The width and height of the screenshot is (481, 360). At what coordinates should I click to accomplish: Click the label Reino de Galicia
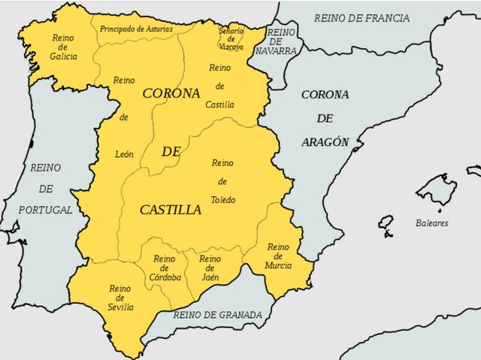click(64, 47)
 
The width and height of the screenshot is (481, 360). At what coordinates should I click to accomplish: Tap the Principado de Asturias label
click(136, 29)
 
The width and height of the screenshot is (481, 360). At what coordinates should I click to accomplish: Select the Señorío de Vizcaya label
click(231, 38)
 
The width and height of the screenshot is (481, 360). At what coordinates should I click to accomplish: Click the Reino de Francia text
click(362, 17)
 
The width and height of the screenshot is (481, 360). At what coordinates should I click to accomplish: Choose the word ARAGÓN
click(325, 142)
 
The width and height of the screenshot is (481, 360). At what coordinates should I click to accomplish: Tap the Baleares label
click(431, 223)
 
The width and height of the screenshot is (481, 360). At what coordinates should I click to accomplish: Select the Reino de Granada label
click(218, 315)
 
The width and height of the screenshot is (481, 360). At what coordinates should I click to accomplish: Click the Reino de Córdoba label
click(165, 268)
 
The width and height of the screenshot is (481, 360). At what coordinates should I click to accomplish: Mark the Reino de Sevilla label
click(120, 298)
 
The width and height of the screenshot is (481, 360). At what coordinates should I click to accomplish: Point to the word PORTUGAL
click(47, 210)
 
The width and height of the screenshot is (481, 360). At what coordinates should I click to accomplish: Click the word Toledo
click(222, 200)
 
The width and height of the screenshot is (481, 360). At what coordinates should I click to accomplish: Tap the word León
click(124, 154)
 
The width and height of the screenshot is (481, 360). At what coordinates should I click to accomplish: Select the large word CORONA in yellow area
click(171, 93)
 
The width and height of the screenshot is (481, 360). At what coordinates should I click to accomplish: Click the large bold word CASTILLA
click(171, 210)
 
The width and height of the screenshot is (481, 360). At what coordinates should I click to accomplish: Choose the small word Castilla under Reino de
click(220, 104)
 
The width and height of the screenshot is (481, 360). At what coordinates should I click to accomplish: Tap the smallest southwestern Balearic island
click(386, 225)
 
